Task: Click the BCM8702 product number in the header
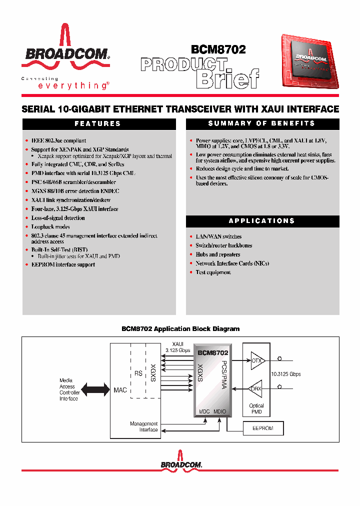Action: click(218, 49)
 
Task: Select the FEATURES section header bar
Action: click(98, 123)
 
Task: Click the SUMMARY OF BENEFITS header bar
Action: click(262, 123)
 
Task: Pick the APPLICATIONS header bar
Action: click(262, 220)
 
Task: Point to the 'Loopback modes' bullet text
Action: click(50, 227)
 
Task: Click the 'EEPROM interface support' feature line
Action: click(63, 264)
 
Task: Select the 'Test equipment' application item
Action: click(213, 272)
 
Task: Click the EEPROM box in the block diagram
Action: click(263, 428)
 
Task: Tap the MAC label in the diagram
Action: click(120, 389)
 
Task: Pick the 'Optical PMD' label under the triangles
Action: click(256, 409)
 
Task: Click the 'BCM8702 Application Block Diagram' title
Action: click(180, 329)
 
